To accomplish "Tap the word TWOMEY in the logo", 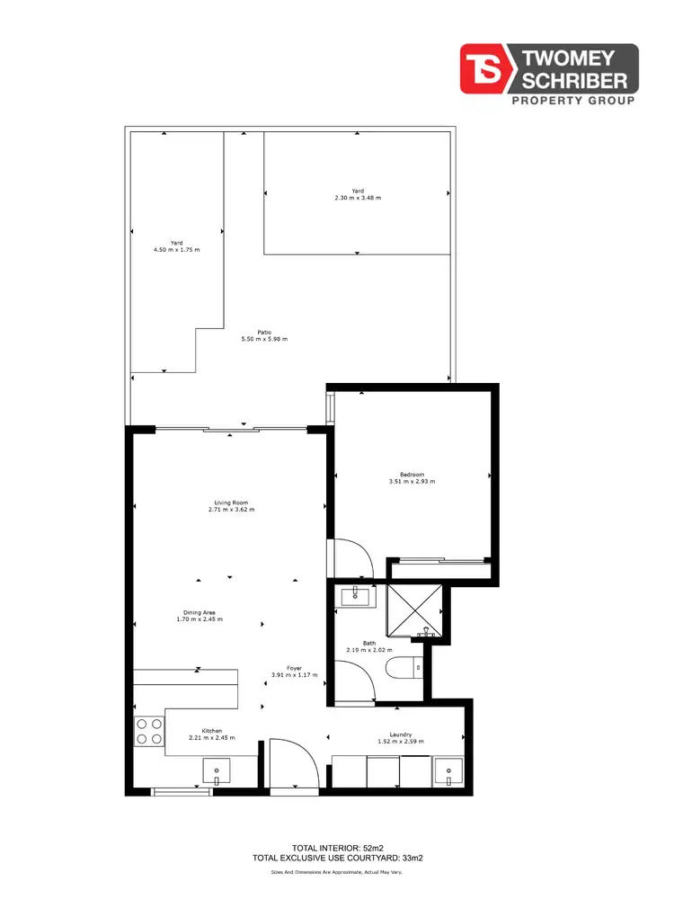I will click(577, 60).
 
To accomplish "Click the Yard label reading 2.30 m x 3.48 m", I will click(358, 197).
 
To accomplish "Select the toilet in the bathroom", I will click(402, 668).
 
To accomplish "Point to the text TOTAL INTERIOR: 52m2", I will click(338, 848).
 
